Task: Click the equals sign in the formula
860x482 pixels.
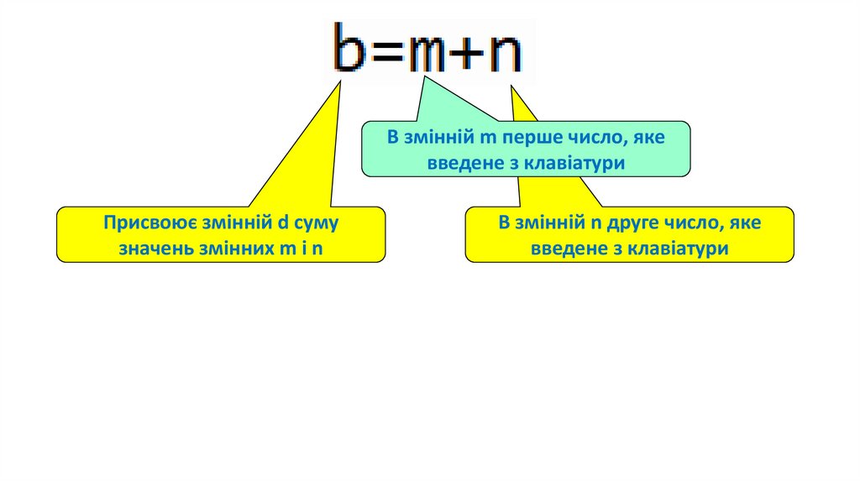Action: [x=390, y=53]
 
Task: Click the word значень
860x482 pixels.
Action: [x=155, y=249]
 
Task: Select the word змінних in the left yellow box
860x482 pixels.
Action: [x=233, y=249]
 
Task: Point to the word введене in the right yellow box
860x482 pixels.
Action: [x=563, y=249]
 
